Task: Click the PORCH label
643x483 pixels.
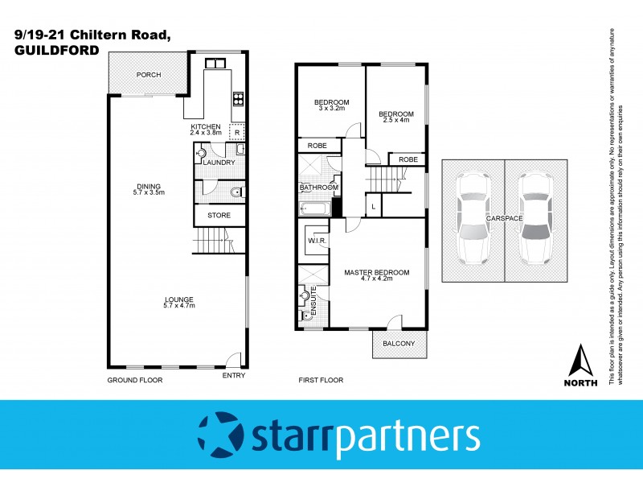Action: [149, 75]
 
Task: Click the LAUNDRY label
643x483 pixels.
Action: [219, 163]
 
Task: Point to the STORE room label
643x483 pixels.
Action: [219, 216]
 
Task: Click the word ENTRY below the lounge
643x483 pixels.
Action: [233, 376]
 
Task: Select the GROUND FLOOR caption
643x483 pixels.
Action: [135, 379]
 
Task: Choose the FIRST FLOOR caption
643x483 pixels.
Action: [321, 379]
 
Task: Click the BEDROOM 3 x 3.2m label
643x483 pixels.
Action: [331, 105]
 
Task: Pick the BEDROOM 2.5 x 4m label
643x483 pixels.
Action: [396, 118]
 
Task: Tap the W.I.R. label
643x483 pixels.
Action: [313, 242]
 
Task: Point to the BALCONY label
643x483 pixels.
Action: [399, 344]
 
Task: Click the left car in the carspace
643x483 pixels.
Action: [473, 219]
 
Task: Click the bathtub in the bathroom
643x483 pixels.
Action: [313, 211]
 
